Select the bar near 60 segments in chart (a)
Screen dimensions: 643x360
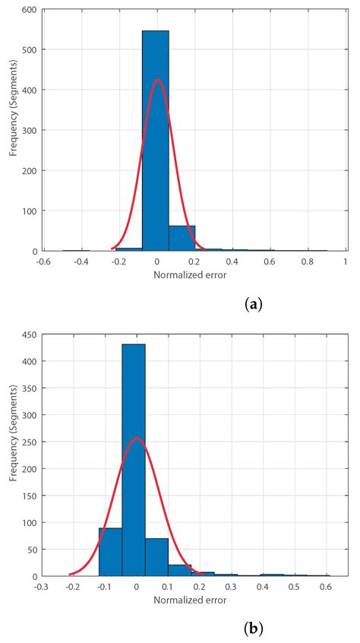(182, 237)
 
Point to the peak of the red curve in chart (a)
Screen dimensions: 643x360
(156, 79)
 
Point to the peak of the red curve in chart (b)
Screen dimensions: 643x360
(136, 438)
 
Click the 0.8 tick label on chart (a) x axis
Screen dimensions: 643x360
(306, 261)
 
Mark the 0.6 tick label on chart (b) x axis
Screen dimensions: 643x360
(325, 587)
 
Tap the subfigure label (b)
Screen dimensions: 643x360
(254, 630)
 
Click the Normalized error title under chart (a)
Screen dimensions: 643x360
(194, 274)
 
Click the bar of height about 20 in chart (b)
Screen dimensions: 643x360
(179, 570)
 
